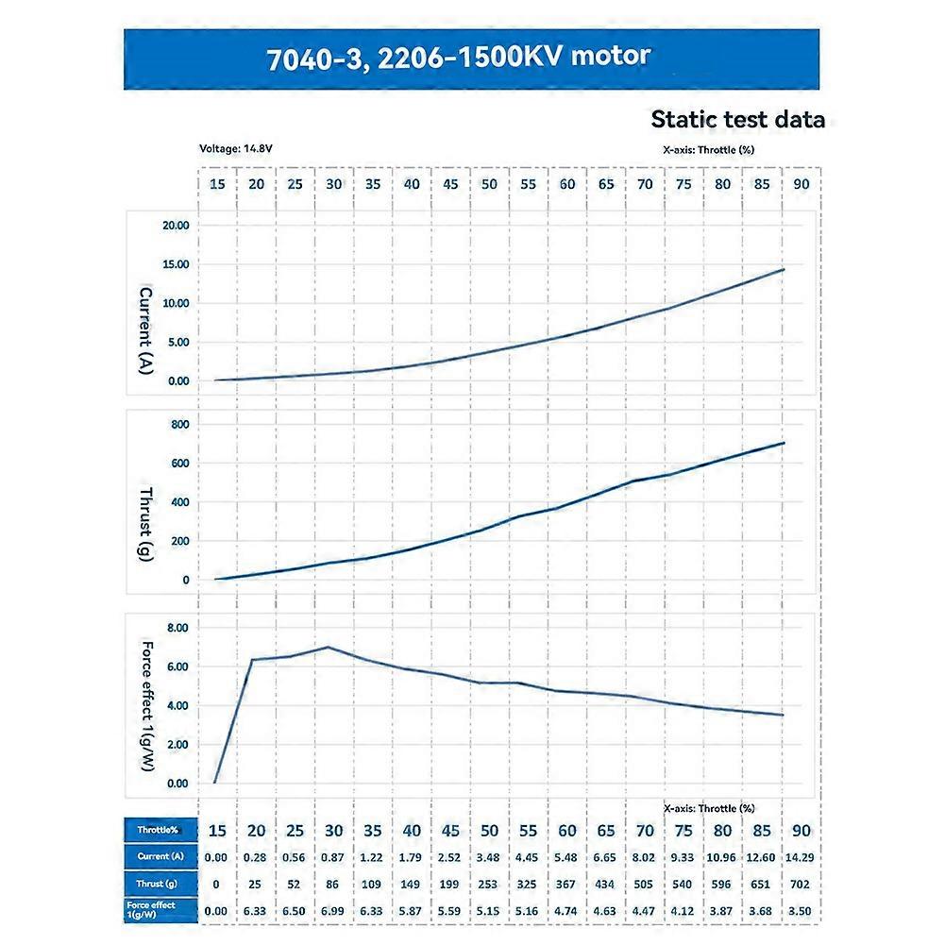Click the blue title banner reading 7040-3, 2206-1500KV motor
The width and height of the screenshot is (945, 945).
point(471,59)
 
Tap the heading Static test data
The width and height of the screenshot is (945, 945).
point(737,120)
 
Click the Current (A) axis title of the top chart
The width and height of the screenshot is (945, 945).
point(146,331)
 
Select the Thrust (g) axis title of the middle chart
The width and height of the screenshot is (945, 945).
point(146,525)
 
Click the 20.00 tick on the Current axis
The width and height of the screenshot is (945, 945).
point(177,226)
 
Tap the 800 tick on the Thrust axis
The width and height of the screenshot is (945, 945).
point(179,425)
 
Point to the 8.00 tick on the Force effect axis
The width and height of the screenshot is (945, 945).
point(177,628)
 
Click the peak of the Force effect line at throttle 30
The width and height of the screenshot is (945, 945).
point(328,647)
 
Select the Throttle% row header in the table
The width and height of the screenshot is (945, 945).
point(161,831)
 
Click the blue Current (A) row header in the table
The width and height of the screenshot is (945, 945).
point(161,856)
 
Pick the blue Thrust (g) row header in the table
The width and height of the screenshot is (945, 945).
point(161,883)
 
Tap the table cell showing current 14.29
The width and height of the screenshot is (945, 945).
point(801,856)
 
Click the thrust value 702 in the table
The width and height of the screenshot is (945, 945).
point(801,883)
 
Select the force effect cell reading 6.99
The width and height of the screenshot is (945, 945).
point(334,910)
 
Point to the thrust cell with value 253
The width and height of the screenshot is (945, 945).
point(489,883)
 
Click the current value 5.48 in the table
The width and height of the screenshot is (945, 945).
point(566,856)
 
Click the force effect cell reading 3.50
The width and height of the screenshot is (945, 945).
point(801,910)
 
